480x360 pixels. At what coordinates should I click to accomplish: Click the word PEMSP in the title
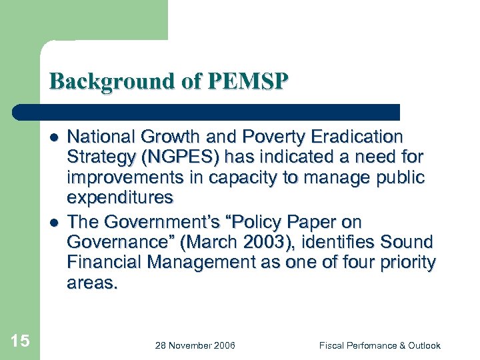pyautogui.click(x=248, y=81)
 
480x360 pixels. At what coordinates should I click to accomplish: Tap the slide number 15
pyautogui.click(x=20, y=341)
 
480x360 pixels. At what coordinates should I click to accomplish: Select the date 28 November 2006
pyautogui.click(x=195, y=345)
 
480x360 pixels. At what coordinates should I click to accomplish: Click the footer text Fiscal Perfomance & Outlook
pyautogui.click(x=379, y=345)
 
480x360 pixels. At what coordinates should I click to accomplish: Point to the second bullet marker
pyautogui.click(x=53, y=222)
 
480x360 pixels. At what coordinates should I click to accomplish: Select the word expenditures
pyautogui.click(x=120, y=198)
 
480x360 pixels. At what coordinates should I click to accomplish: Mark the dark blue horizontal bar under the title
pyautogui.click(x=207, y=112)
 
